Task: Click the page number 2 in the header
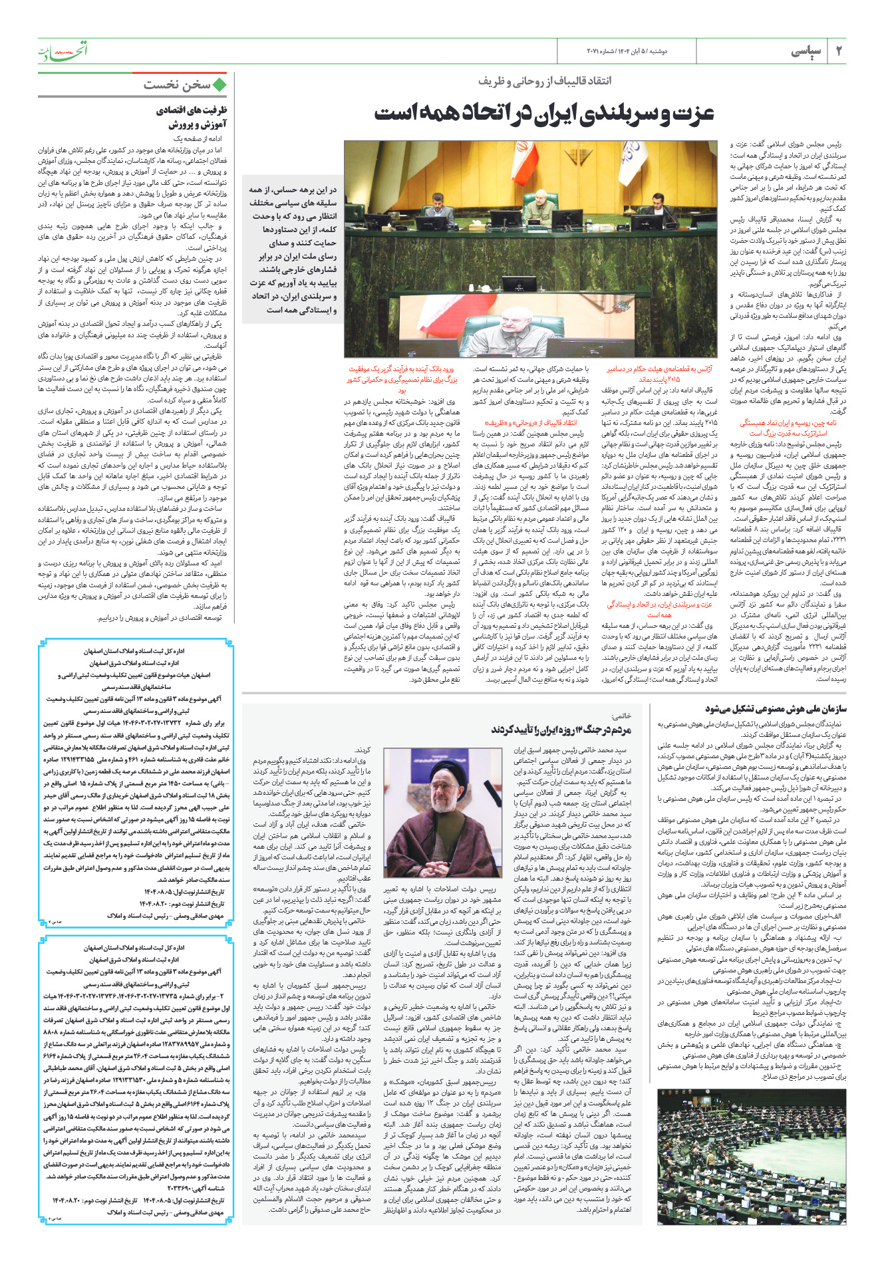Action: click(x=837, y=51)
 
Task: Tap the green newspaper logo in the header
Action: click(x=62, y=51)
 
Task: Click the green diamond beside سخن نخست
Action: click(x=220, y=84)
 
